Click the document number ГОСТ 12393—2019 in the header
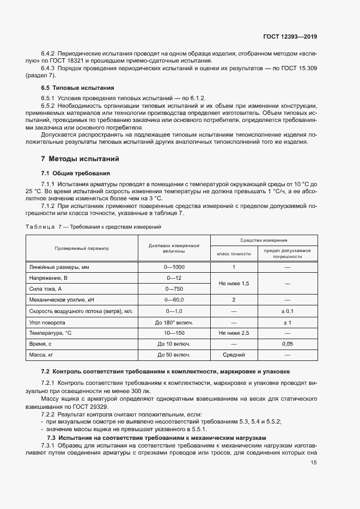click(x=289, y=37)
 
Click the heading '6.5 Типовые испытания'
click(x=78, y=88)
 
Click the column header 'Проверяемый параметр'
click(x=82, y=248)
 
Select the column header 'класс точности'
click(x=234, y=254)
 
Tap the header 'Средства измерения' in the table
click(x=264, y=240)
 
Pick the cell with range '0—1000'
click(x=174, y=267)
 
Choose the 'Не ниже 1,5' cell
click(x=234, y=284)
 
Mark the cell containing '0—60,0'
click(x=174, y=300)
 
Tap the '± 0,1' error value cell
click(x=287, y=311)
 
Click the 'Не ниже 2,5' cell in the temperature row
click(x=234, y=333)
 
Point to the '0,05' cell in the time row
click(x=287, y=344)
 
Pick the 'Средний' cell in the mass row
click(x=234, y=355)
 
